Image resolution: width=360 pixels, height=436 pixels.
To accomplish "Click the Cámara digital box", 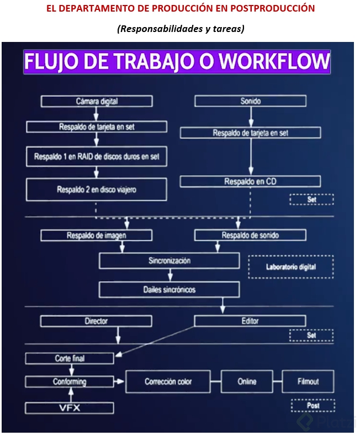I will (x=97, y=101).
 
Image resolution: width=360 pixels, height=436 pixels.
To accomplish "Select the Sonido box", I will (x=250, y=101).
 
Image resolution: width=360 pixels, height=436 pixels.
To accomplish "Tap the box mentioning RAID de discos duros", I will (x=97, y=156).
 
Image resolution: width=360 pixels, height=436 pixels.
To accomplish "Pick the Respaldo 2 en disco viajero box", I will (x=97, y=189).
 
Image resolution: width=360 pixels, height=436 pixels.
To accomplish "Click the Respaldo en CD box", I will (x=250, y=181).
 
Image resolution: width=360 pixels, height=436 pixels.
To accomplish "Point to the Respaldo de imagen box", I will (x=97, y=235).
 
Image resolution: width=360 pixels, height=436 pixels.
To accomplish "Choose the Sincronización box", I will (x=170, y=260).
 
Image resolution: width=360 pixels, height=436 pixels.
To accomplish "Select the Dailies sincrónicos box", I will (x=170, y=289).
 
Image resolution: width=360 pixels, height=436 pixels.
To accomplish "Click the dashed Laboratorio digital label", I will (x=291, y=267).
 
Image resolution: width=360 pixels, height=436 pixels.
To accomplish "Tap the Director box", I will (x=97, y=321).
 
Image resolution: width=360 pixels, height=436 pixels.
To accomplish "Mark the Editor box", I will (x=250, y=321).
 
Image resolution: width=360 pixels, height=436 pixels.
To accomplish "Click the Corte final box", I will (x=70, y=358).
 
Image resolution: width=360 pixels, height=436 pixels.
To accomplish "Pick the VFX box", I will (x=70, y=408).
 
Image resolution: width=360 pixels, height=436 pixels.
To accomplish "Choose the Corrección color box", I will (x=168, y=381).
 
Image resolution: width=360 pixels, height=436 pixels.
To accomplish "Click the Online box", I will (x=247, y=381).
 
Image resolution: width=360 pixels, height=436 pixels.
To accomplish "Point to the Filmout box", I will (x=308, y=381).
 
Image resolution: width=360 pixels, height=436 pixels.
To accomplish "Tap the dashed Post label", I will (x=312, y=406).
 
